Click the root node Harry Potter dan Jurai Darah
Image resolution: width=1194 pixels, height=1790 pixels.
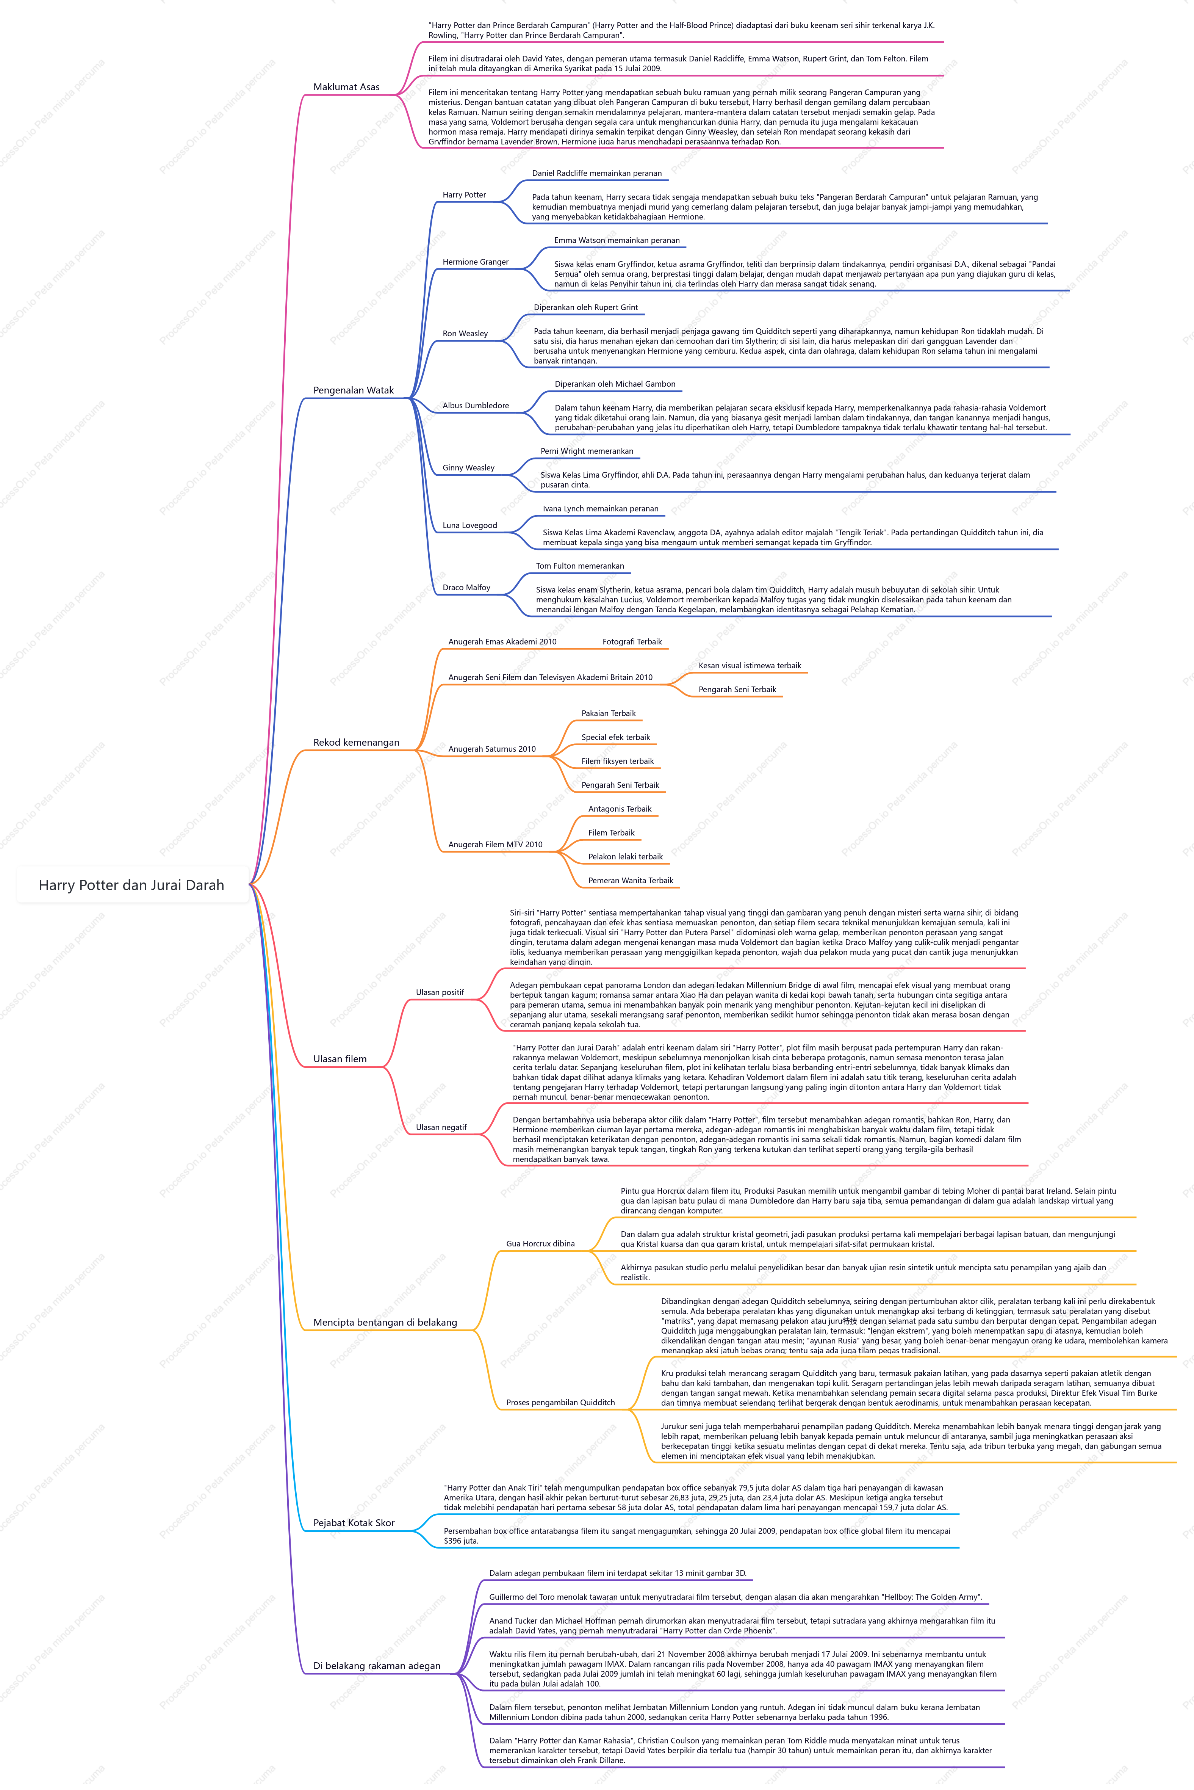[x=132, y=885]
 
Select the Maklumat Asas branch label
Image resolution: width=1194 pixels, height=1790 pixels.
[x=346, y=87]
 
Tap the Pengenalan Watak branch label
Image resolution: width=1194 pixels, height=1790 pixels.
[x=353, y=390]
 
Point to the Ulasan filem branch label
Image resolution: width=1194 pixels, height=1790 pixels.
[x=340, y=1059]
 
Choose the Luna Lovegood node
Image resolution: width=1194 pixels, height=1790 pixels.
[x=470, y=525]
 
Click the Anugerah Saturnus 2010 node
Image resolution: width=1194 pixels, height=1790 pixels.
[x=492, y=749]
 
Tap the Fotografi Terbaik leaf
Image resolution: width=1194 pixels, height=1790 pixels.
[x=632, y=641]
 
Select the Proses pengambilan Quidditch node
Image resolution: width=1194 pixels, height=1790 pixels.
[x=560, y=1402]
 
